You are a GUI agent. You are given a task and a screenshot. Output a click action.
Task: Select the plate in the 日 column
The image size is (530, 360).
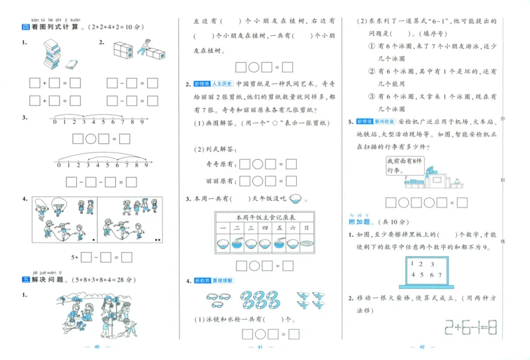305,244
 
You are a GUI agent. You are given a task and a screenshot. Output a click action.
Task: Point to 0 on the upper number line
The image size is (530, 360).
57,121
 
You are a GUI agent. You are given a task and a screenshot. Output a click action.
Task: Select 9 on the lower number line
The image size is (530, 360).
145,165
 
